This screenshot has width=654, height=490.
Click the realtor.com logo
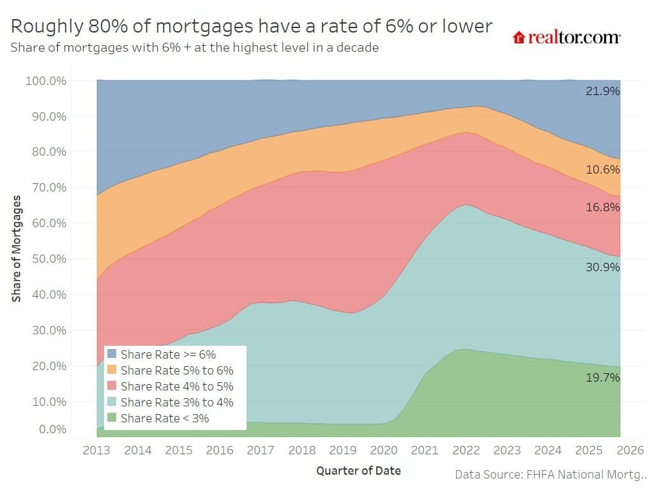(566, 37)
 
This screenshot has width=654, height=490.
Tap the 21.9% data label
(602, 91)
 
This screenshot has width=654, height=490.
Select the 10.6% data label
(602, 170)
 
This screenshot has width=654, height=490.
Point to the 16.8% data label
(602, 207)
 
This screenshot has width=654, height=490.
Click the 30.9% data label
(602, 267)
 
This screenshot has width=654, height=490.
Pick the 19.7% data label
(602, 378)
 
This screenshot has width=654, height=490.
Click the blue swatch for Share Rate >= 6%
(112, 354)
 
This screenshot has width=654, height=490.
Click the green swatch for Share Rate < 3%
(112, 419)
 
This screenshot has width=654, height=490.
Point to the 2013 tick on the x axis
(96, 450)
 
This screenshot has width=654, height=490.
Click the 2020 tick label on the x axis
(384, 450)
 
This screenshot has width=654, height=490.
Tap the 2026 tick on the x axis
(630, 450)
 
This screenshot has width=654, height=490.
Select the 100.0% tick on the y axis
(45, 81)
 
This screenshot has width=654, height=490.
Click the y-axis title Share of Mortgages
(17, 249)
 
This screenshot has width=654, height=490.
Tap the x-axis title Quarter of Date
(358, 471)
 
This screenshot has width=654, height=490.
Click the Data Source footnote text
(551, 475)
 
